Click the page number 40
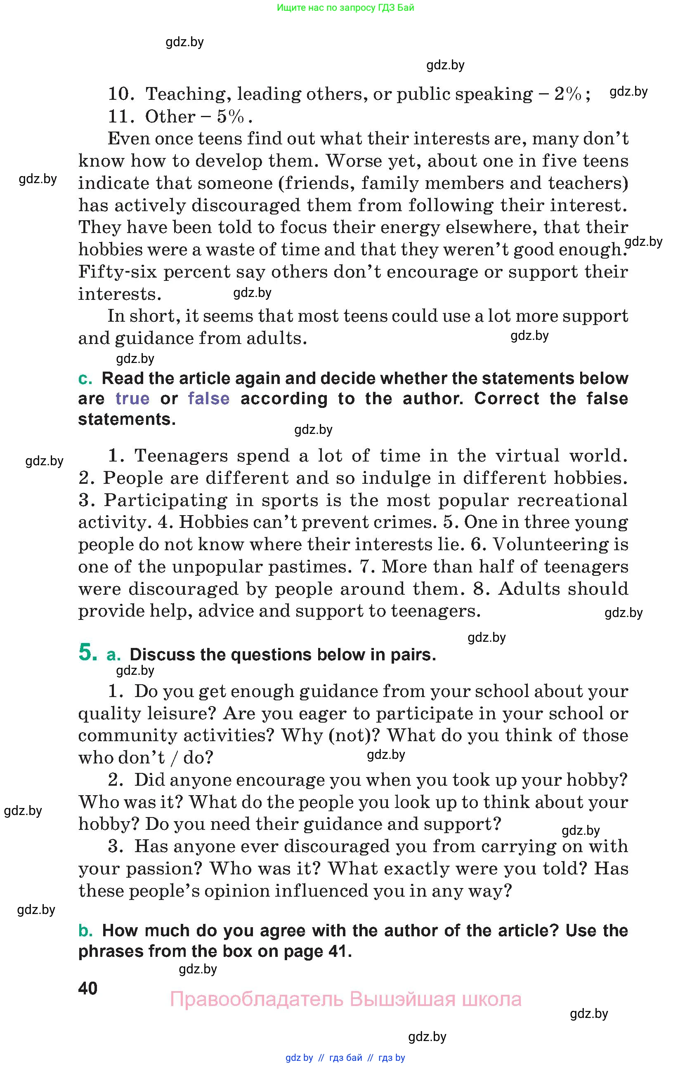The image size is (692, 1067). tap(87, 989)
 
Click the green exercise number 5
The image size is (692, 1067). tap(87, 652)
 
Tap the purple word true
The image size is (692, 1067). tap(132, 398)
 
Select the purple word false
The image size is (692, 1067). tap(208, 398)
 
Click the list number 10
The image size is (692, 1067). tap(120, 94)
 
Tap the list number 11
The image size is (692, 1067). tap(120, 117)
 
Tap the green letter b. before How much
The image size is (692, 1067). tap(85, 930)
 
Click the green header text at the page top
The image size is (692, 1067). tap(345, 7)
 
